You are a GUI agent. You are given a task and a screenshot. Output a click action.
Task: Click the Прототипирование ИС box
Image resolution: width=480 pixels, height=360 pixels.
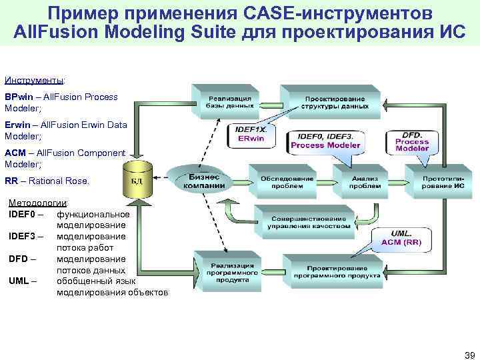443,183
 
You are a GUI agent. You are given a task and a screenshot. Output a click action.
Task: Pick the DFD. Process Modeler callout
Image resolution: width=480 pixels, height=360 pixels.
412,141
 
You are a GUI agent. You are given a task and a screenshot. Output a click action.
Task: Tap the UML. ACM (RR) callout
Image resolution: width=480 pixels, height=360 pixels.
401,238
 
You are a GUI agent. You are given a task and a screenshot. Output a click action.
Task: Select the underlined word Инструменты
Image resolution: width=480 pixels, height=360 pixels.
34,80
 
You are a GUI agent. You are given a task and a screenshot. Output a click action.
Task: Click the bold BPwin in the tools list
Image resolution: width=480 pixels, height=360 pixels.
17,97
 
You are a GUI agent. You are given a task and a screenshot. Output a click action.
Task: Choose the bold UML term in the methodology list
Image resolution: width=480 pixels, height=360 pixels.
19,281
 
